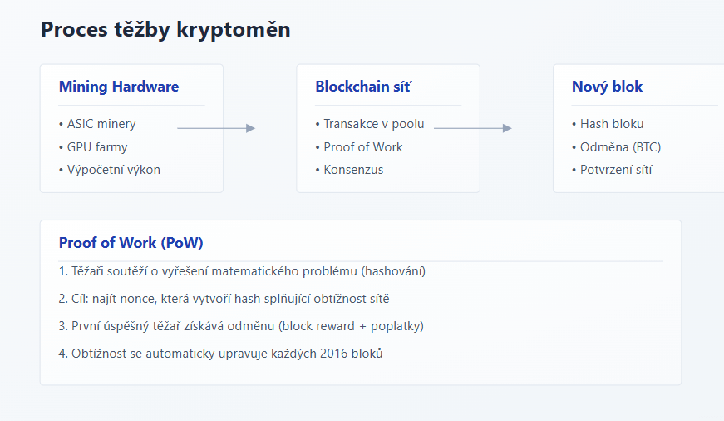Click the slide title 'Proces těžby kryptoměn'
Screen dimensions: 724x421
coord(165,30)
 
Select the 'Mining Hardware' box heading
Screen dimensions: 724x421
coord(119,87)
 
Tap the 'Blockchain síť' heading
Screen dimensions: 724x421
coord(363,87)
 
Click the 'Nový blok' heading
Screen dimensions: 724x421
coord(607,87)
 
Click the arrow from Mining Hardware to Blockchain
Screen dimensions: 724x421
coord(216,128)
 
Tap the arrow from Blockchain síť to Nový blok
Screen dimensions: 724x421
coord(473,128)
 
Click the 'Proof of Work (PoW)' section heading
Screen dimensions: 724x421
coord(131,243)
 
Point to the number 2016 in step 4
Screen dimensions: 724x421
coord(334,354)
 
